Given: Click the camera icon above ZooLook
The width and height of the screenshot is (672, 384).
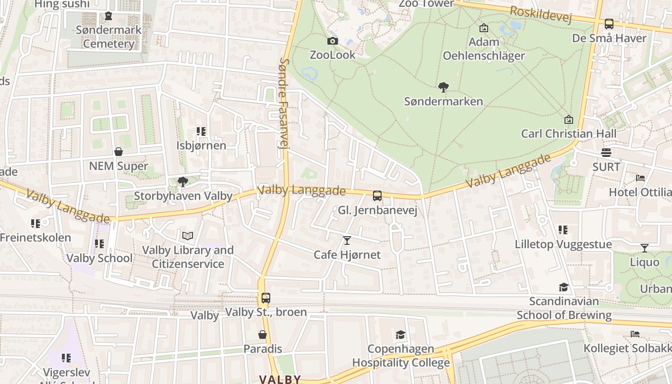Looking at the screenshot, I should coord(332,41).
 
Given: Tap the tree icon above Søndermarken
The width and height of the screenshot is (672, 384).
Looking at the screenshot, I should coord(444,87).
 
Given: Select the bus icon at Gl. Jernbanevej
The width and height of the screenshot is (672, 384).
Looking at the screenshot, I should coord(377,196).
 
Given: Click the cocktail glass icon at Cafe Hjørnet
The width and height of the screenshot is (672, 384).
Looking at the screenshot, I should coord(347,240).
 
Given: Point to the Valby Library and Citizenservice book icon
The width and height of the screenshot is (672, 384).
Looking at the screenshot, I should coord(188,236).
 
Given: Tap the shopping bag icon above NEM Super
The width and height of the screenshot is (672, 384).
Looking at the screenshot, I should coord(119,152).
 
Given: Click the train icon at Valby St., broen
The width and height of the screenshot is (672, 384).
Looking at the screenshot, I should coord(266,298).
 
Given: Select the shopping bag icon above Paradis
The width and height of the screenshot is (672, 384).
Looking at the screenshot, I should coord(263,335).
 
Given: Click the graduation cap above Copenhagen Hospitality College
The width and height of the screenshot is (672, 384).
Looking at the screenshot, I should coord(400,335).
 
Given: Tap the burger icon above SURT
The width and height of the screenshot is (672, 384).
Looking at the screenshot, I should coord(606,153).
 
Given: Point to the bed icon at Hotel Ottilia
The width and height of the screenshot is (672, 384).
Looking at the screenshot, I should coord(640,178).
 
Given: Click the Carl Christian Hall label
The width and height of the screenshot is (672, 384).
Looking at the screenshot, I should coord(569,133).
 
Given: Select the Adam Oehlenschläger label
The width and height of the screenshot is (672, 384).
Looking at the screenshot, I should coord(484,49).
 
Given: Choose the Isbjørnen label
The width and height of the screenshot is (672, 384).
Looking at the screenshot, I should coord(201,145).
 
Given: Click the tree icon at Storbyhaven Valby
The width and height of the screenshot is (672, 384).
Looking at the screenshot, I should coord(182,181).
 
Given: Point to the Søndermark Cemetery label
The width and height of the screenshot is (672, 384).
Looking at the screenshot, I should coord(109,36).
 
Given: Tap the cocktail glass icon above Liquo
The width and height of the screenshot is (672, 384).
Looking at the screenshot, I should coord(645,248).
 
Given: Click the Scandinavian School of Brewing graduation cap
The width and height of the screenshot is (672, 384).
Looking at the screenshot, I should coord(564,287).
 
